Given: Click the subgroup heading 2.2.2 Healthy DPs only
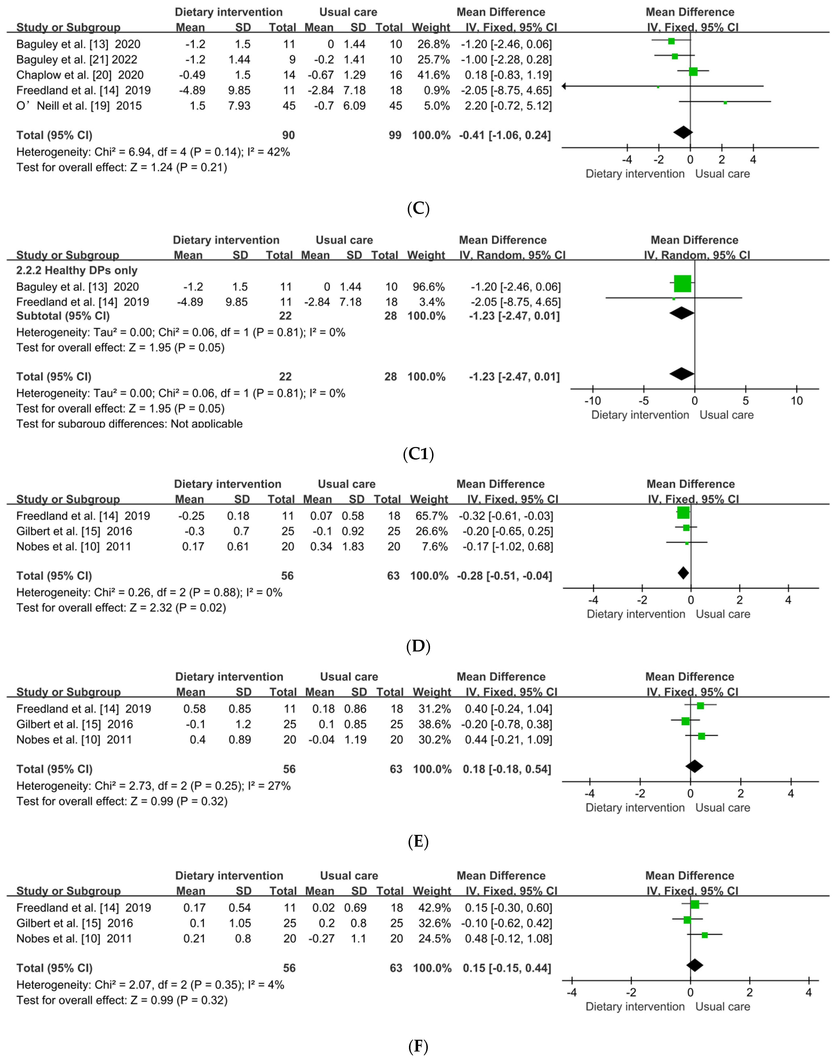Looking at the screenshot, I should (x=77, y=270).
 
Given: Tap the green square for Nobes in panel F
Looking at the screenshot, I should (x=704, y=935).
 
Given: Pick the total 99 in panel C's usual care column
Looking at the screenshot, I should (x=395, y=135).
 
